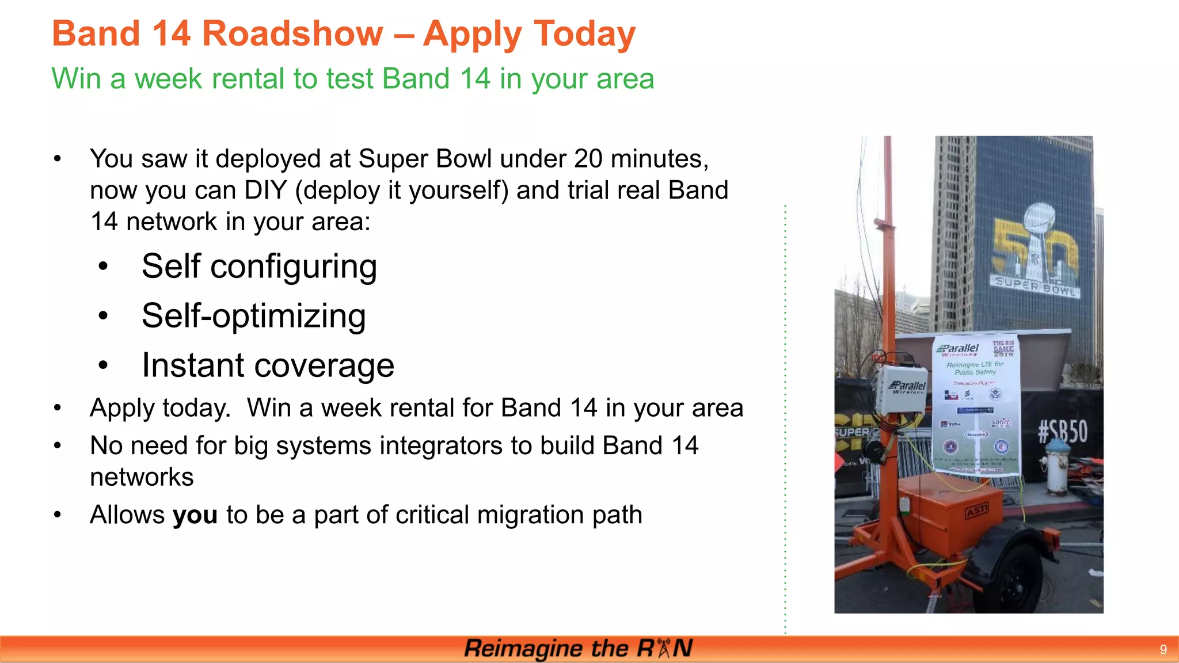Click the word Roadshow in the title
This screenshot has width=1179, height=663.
(292, 33)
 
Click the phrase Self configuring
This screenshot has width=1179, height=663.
(259, 267)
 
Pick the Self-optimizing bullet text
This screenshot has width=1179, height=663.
(253, 317)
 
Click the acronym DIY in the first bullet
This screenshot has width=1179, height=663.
(265, 190)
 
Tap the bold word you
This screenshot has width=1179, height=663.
(195, 515)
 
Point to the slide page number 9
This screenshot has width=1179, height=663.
(1163, 650)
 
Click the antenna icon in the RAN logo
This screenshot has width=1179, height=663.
(664, 648)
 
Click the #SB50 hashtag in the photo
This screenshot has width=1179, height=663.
(1062, 432)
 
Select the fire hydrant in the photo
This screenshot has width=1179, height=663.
(1057, 467)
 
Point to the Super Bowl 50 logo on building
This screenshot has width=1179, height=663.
(1035, 251)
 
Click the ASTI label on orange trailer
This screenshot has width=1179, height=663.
(976, 510)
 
